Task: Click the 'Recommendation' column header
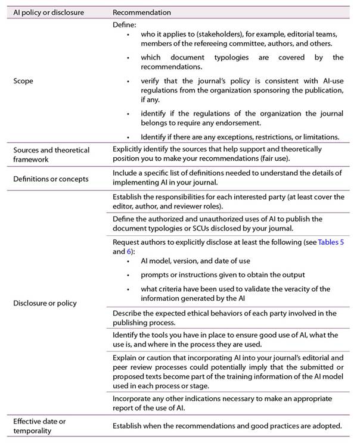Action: tap(142, 13)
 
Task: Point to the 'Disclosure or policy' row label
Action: tap(45, 302)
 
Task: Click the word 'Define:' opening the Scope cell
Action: tap(124, 26)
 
